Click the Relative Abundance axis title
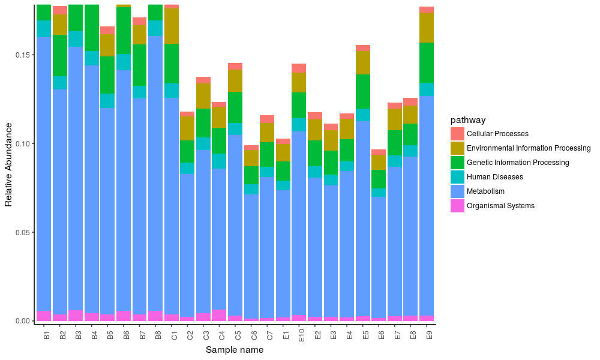[x=8, y=164]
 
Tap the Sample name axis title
[x=234, y=350]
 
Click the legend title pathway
[x=468, y=120]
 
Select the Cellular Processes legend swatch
[x=458, y=134]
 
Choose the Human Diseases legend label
[x=494, y=177]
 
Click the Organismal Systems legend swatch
[x=458, y=206]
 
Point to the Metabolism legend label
[x=485, y=191]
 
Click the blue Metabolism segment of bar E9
[x=427, y=204]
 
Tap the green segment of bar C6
[x=251, y=175]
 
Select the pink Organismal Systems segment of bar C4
[x=220, y=315]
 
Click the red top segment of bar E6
[x=379, y=152]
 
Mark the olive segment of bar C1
[x=172, y=26]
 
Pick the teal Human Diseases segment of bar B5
[x=108, y=101]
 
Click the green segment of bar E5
[x=362, y=91]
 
